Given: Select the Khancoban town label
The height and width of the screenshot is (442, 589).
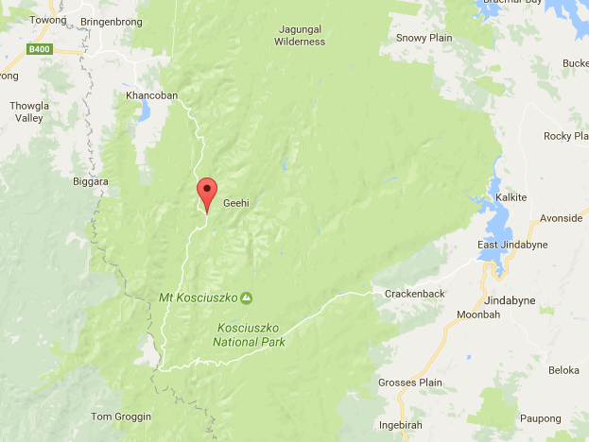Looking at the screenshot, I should pos(151,95).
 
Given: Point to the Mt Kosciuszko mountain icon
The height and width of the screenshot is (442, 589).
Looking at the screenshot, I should pos(246,298).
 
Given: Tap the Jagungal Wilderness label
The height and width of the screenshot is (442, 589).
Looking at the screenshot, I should pos(300,36).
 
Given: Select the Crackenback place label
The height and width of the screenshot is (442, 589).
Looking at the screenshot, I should pos(414,294).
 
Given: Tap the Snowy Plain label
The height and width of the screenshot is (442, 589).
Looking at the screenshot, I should pos(424,38).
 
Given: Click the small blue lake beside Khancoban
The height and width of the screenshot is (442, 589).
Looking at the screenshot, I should pos(144,112).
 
